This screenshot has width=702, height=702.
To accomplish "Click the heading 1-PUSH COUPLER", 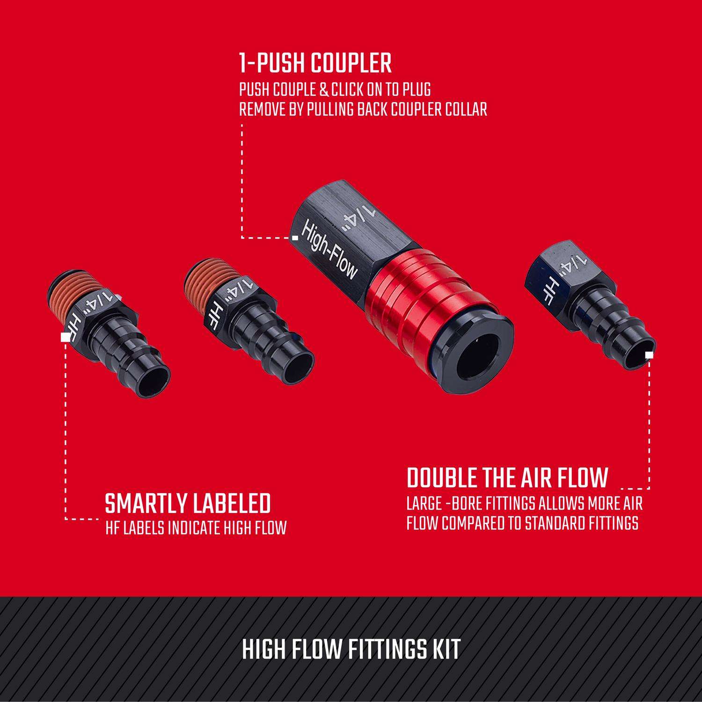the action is (x=315, y=63).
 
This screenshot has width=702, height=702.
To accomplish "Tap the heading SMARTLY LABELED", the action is (x=188, y=504).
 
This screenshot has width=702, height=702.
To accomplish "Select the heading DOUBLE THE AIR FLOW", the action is (x=507, y=477).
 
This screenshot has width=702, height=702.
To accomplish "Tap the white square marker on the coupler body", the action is (x=295, y=238).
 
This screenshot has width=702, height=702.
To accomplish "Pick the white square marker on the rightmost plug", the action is (x=649, y=355).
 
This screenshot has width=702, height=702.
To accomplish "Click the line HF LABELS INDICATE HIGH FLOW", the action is (x=196, y=528).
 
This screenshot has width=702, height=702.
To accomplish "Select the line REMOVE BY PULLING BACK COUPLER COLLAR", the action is (x=363, y=109).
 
